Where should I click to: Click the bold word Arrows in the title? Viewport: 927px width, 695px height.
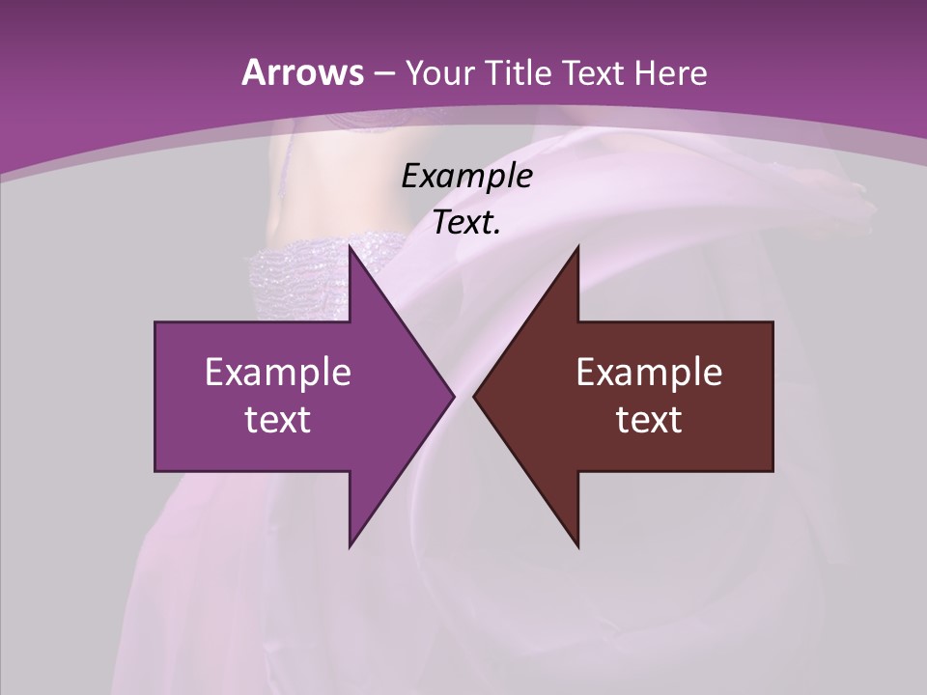point(301,72)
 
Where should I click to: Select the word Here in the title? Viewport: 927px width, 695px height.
point(670,72)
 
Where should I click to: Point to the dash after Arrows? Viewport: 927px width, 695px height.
point(382,73)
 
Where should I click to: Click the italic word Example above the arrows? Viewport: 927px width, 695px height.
point(466,176)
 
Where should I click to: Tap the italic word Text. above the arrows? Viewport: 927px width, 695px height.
point(466,222)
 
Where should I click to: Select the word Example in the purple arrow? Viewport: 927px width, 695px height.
point(278,372)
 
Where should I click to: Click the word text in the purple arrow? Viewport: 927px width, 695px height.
point(278,419)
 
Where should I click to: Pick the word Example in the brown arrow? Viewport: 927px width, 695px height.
point(649,372)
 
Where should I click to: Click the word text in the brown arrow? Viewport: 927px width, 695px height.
point(649,419)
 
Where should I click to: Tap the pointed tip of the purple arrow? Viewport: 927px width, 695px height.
point(453,396)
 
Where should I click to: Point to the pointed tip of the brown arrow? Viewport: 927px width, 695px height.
point(474,396)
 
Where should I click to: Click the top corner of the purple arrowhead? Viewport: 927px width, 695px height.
point(350,245)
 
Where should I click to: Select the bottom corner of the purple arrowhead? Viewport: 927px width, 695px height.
point(350,547)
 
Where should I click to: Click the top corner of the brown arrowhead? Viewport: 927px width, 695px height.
point(577,245)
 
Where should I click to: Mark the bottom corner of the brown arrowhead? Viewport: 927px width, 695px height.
point(577,547)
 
